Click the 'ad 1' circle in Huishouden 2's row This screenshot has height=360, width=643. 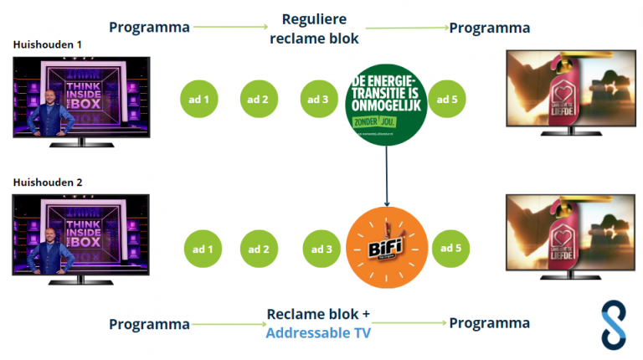coord(203,249)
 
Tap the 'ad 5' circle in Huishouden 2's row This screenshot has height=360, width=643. coord(450,248)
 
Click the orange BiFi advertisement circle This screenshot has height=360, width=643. coord(387,248)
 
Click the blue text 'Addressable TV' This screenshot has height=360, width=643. coord(318,332)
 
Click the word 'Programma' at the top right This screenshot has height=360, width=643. coord(490,28)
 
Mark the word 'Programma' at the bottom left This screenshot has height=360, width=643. coord(149,324)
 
